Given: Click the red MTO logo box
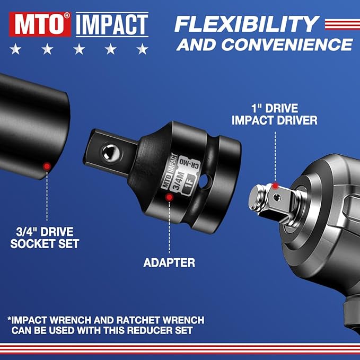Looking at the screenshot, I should coord(40,24).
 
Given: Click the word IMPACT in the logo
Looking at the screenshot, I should coord(111,24).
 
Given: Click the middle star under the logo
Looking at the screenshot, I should coord(79,50).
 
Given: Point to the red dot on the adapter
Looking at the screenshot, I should coord(170,197).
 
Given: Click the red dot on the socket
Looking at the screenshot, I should coord(47,166).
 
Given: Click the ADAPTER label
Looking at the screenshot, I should coord(169,262).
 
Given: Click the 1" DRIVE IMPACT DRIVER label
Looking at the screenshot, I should coord(274,113).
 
